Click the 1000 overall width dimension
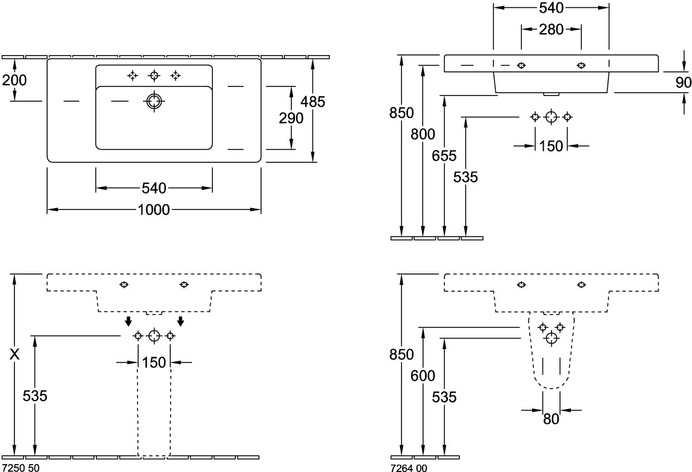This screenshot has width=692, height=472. tap(154, 210)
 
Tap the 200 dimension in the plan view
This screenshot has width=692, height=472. tap(14, 79)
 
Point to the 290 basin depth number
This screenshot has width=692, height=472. tap(291, 118)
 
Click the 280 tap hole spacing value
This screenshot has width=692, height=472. tap(552, 28)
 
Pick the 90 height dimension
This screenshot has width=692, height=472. tap(683, 82)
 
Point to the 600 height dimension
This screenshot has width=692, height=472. tap(423, 376)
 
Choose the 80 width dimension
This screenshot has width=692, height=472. tap(551, 419)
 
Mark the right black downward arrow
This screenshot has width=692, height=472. tap(180, 320)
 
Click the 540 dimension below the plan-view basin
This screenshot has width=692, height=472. tap(154, 189)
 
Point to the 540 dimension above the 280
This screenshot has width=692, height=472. tap(552, 8)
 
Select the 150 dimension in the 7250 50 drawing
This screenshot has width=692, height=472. tap(154, 362)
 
